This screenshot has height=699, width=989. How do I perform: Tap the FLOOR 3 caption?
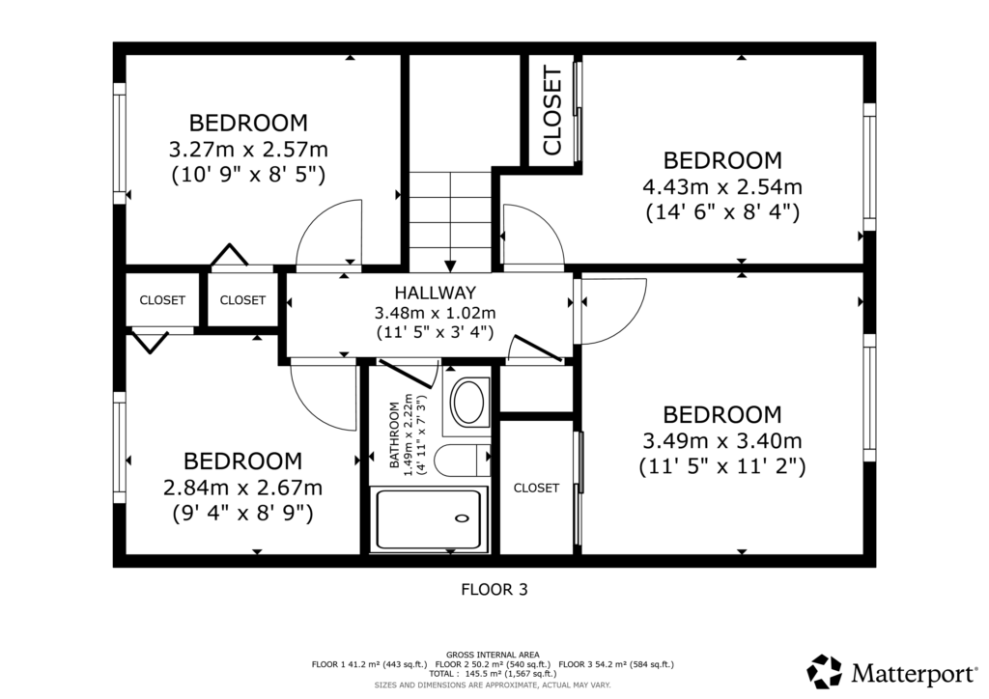[494, 590]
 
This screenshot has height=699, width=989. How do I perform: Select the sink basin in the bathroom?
[468, 402]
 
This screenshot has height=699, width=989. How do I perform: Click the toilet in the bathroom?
[463, 461]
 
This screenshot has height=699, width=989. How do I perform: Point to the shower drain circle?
[463, 518]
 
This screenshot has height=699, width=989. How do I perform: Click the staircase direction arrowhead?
[450, 265]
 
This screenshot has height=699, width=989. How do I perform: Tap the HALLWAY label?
[436, 294]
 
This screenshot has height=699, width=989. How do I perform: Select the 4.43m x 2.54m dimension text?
[722, 187]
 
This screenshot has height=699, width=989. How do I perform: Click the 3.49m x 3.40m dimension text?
[722, 440]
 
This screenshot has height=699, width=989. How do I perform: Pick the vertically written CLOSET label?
[551, 111]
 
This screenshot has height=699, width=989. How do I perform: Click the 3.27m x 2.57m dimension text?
[248, 150]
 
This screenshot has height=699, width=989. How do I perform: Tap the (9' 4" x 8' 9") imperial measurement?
[242, 513]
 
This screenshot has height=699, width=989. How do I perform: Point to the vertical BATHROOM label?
[395, 434]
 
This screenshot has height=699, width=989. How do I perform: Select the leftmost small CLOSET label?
[162, 300]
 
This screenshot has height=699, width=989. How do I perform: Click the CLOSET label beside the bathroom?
[536, 488]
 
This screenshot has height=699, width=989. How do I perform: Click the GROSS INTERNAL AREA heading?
[493, 655]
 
